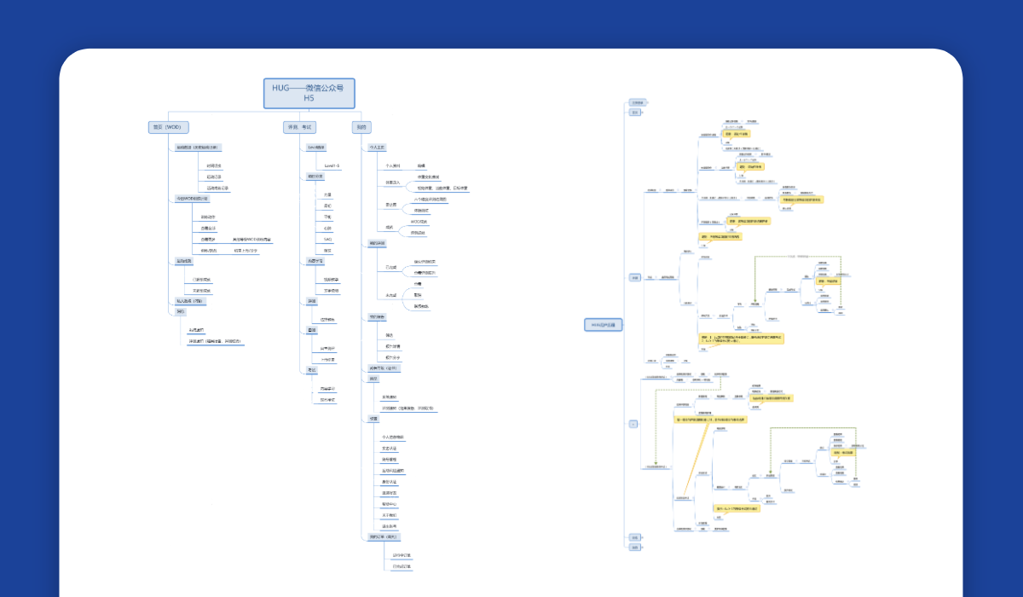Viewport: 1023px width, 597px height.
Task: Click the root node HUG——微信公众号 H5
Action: tap(309, 93)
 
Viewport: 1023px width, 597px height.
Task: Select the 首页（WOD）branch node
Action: tap(167, 127)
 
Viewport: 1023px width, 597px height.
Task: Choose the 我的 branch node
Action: tap(361, 127)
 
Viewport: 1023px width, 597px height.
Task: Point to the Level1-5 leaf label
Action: tap(332, 165)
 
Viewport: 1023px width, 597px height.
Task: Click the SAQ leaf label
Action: tap(327, 240)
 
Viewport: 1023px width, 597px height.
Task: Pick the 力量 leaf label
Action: tap(327, 194)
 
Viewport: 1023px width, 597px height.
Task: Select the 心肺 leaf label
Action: tap(327, 229)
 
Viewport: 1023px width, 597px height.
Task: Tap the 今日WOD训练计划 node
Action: tap(192, 199)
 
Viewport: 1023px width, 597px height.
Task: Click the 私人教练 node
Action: tap(189, 301)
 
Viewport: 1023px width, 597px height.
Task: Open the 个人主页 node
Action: tap(378, 148)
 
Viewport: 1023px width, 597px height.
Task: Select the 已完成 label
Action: tap(391, 267)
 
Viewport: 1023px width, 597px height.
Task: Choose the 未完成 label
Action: tap(391, 295)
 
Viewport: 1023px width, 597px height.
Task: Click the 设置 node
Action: tap(373, 419)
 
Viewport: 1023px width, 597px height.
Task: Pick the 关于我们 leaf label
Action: tap(389, 515)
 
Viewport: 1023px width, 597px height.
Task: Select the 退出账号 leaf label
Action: tap(389, 526)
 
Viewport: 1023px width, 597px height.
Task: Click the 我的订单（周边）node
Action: tap(384, 537)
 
